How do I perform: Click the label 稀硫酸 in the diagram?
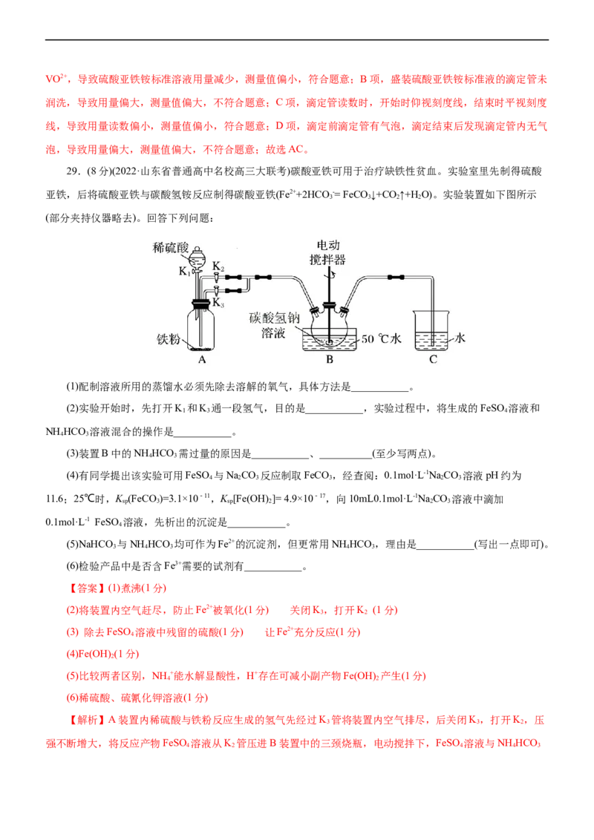[x=171, y=248]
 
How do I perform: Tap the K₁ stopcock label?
[x=184, y=272]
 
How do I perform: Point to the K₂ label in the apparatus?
[x=218, y=266]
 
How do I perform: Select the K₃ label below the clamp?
[x=218, y=303]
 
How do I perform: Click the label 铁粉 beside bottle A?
[x=169, y=339]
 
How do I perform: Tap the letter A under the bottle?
[x=202, y=359]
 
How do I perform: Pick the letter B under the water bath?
[x=330, y=359]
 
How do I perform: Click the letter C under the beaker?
[x=433, y=359]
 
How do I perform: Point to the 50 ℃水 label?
[x=381, y=338]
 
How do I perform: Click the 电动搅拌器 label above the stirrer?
[x=327, y=252]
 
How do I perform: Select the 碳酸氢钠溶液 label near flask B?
[x=274, y=325]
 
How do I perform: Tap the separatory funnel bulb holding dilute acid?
[x=198, y=260]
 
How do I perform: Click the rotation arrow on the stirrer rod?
[x=333, y=274]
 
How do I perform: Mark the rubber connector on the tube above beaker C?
[x=396, y=277]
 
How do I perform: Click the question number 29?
[x=73, y=171]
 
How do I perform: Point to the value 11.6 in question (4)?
[x=55, y=499]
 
